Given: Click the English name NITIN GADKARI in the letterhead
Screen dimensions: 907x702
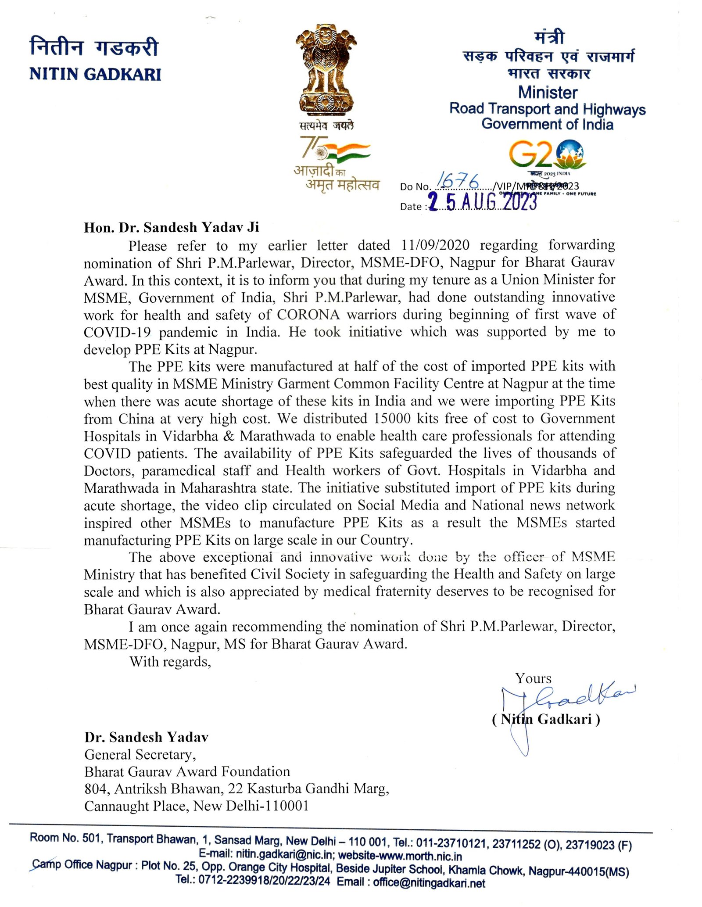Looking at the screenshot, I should coord(95,74).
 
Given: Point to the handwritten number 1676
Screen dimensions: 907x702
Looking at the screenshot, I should coord(458,180).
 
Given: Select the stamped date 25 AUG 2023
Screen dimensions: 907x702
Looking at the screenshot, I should coord(483,203).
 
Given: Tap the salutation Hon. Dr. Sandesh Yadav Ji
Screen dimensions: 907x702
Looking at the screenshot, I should coord(172,227).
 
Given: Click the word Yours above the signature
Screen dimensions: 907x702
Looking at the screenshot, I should coord(533,678).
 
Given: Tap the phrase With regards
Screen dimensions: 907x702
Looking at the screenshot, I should coord(170,661).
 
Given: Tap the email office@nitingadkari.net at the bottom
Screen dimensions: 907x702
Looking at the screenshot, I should coord(429,883).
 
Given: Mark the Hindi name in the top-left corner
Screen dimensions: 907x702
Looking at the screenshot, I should coord(93,47).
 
